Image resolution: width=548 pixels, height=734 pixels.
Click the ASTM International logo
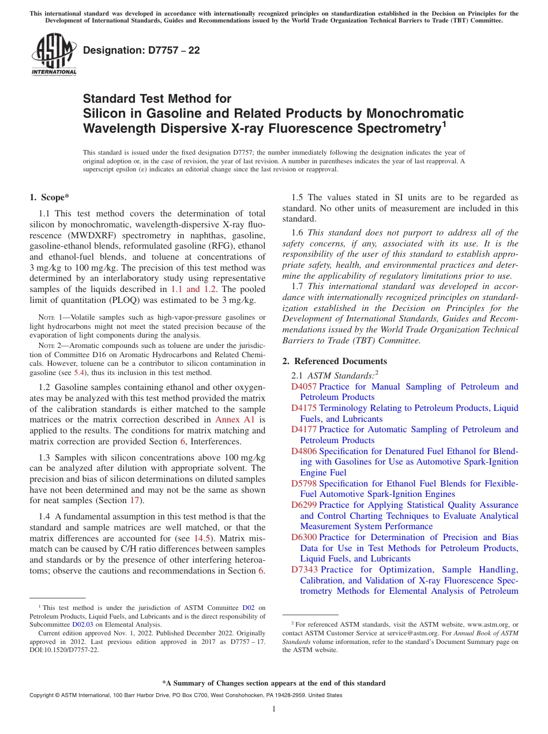pos(53,54)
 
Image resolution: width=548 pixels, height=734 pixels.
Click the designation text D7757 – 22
pos(141,50)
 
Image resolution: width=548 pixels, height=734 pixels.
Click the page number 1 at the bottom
pos(274,709)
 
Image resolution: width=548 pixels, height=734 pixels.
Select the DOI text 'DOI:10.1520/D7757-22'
pos(64,649)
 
